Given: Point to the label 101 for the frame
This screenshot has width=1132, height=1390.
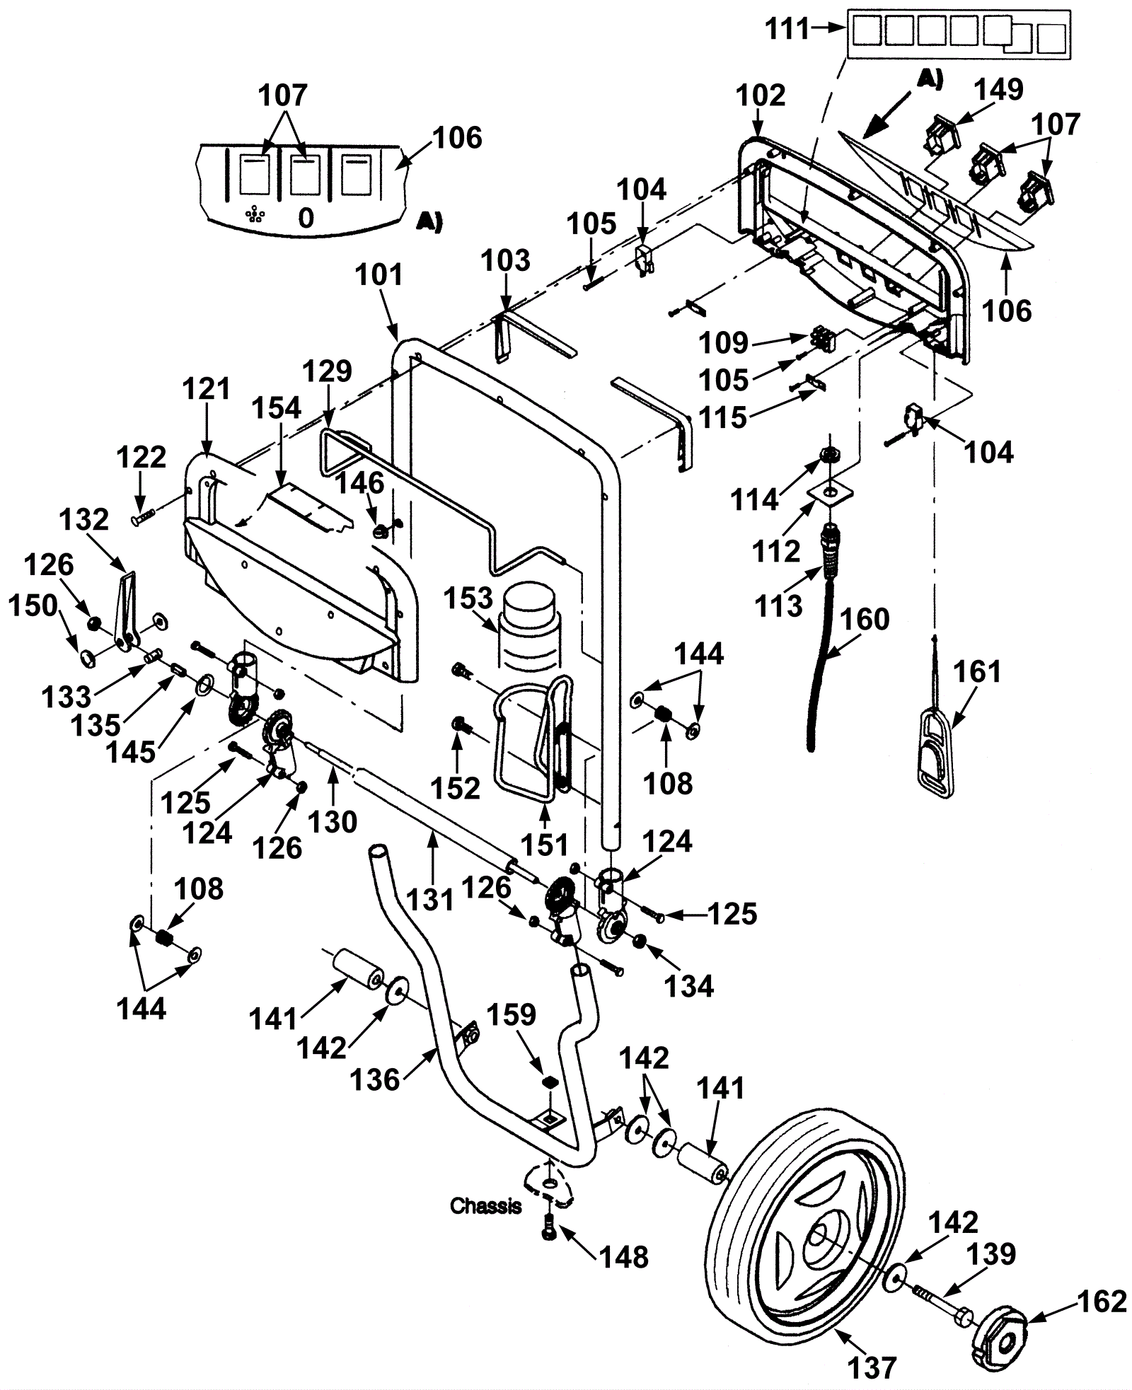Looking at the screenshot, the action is click(x=379, y=274).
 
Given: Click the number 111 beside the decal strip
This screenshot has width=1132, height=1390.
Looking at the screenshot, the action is click(x=788, y=29).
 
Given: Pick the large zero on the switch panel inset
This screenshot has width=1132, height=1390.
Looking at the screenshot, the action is click(x=306, y=218).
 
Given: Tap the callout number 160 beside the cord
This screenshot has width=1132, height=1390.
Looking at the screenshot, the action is click(x=865, y=619).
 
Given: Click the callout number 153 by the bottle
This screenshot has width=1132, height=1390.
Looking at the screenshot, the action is click(x=468, y=598).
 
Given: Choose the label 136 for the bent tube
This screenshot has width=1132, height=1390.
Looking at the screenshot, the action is click(x=376, y=1101).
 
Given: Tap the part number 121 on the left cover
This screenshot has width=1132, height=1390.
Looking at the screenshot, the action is click(x=207, y=388).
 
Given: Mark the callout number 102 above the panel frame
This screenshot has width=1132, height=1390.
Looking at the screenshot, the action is click(x=761, y=95).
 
